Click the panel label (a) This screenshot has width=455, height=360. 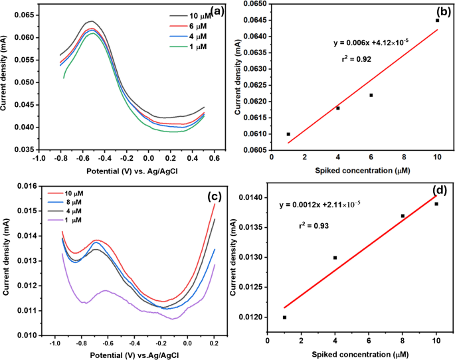pyautogui.click(x=215, y=10)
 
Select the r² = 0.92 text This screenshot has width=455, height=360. pyautogui.click(x=355, y=59)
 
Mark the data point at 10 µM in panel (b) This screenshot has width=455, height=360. pyautogui.click(x=437, y=20)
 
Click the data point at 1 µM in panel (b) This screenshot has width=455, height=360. pyautogui.click(x=288, y=134)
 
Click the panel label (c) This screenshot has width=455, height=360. pyautogui.click(x=215, y=195)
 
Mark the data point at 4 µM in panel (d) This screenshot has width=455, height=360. pyautogui.click(x=335, y=257)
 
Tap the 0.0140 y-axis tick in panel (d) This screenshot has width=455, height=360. pyautogui.click(x=250, y=197)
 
